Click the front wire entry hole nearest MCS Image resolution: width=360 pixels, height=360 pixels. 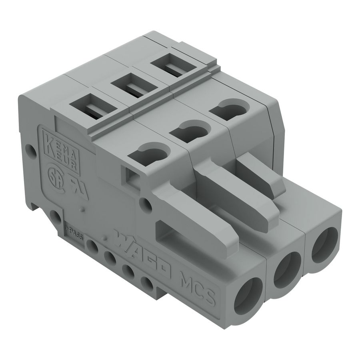point(248,294)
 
